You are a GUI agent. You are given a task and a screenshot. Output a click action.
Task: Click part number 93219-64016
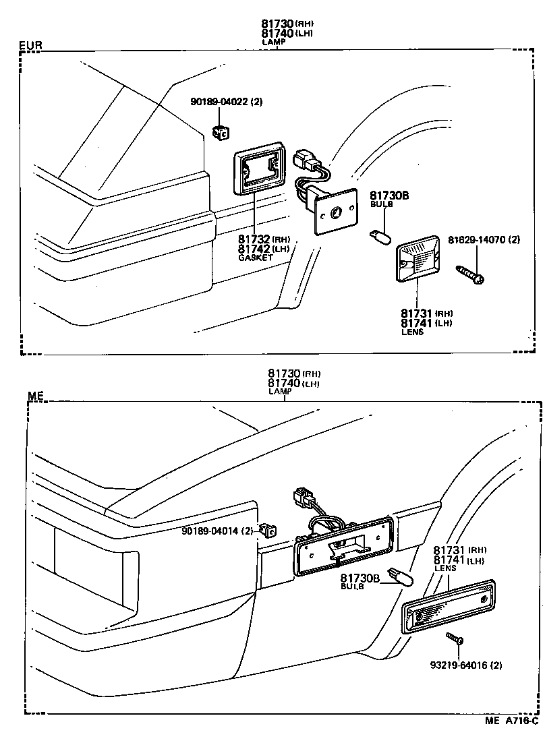466,665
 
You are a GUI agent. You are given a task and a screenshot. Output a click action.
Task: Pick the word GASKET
255,258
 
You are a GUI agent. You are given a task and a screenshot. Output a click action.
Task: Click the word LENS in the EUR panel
412,332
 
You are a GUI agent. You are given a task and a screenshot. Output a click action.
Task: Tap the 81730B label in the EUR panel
389,196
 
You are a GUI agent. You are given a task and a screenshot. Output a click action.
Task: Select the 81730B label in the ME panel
360,578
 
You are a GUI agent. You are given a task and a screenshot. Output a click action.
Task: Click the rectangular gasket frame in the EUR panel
259,173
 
